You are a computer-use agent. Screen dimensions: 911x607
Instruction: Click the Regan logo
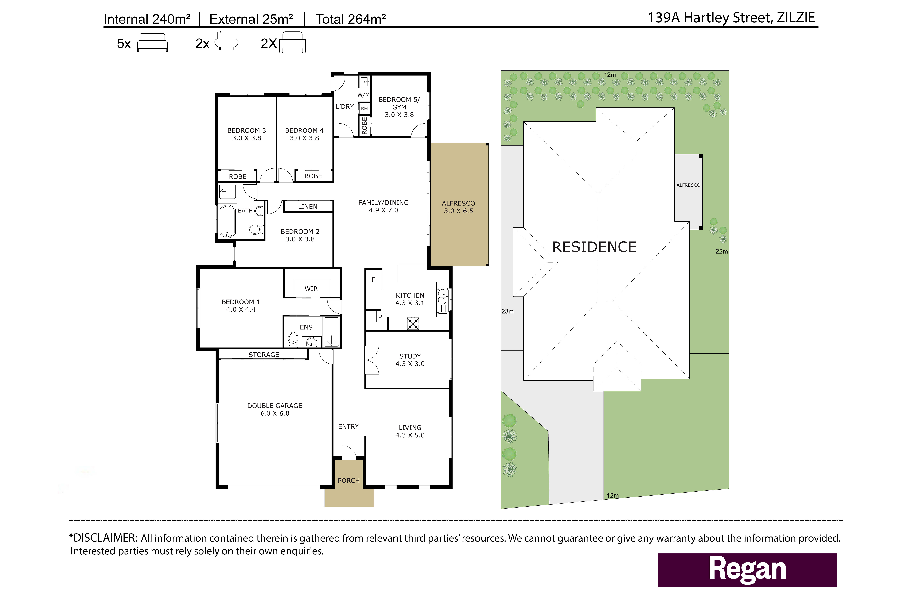(x=747, y=570)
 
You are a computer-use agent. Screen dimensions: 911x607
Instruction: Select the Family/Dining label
(x=383, y=206)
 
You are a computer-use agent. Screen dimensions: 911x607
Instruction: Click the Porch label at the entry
(x=349, y=480)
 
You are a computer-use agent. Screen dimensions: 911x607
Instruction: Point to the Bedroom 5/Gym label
(x=399, y=107)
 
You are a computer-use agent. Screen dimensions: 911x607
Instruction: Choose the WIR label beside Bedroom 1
(x=311, y=289)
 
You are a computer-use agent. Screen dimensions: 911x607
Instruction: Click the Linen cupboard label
(x=308, y=207)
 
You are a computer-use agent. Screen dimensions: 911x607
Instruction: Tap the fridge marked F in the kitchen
(x=374, y=279)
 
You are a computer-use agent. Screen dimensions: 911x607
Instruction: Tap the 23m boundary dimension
(x=507, y=311)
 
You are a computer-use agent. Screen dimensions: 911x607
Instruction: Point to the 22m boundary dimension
(x=721, y=251)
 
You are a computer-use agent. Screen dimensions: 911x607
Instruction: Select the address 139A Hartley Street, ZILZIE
(x=731, y=18)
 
